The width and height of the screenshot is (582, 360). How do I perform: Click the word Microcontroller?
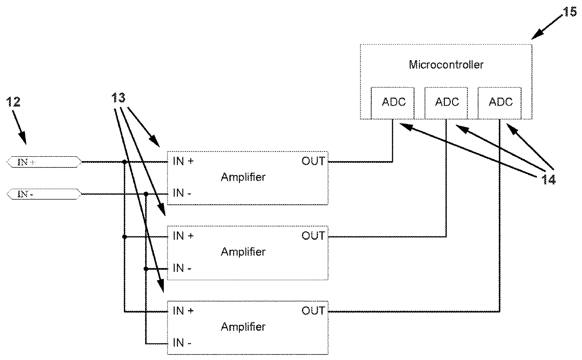click(x=445, y=65)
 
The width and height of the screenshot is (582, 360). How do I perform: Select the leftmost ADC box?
click(x=393, y=102)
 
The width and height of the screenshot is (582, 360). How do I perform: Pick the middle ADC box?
click(x=447, y=102)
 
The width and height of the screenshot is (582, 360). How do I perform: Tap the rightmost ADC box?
click(x=500, y=102)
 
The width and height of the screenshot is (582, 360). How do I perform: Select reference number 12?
click(x=14, y=102)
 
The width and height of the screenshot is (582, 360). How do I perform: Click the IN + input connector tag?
click(x=44, y=162)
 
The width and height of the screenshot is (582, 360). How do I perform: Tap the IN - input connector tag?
click(x=44, y=193)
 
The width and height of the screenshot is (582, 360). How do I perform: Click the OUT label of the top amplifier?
click(x=313, y=161)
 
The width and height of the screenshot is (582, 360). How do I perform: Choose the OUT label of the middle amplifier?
click(x=313, y=236)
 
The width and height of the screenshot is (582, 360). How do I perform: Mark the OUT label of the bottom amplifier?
click(x=313, y=311)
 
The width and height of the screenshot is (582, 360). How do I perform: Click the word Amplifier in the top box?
click(x=243, y=177)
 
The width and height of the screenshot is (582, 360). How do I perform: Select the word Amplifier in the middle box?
click(x=243, y=252)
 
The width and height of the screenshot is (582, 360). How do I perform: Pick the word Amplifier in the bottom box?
click(x=243, y=327)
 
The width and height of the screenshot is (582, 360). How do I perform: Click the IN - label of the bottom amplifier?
click(x=182, y=343)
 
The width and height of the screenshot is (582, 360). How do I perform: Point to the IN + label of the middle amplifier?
click(x=183, y=236)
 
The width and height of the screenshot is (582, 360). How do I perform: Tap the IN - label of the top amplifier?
click(x=182, y=193)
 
